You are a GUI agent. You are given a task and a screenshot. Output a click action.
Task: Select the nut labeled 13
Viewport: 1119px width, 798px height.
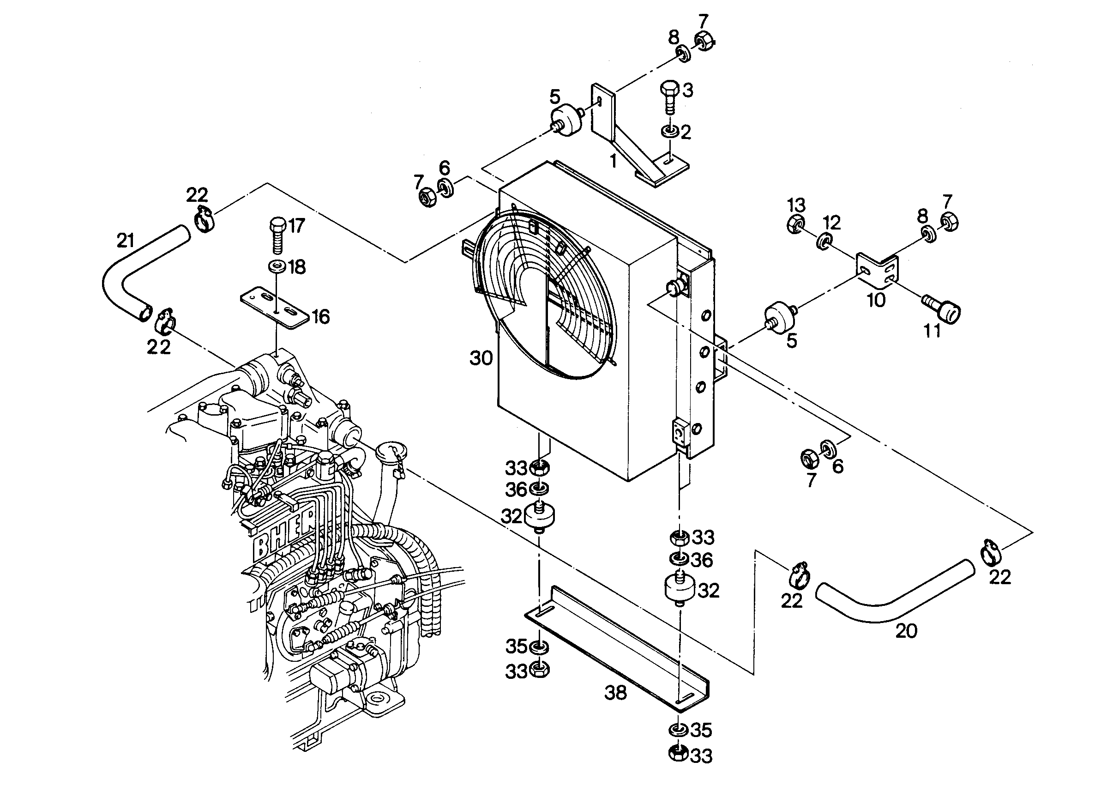tap(795, 224)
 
